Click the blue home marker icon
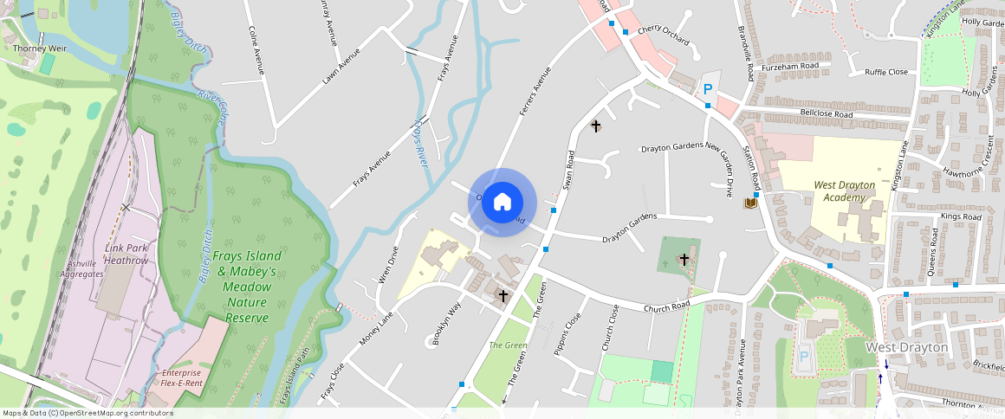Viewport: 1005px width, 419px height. tap(502, 203)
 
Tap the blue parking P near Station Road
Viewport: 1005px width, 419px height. tap(708, 88)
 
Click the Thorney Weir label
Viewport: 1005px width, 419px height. tap(35, 48)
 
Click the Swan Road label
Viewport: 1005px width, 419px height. tap(569, 171)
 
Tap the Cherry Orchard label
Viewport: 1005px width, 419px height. tap(663, 35)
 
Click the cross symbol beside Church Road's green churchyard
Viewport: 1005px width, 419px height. tap(684, 259)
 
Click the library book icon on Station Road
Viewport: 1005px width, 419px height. tap(749, 203)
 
